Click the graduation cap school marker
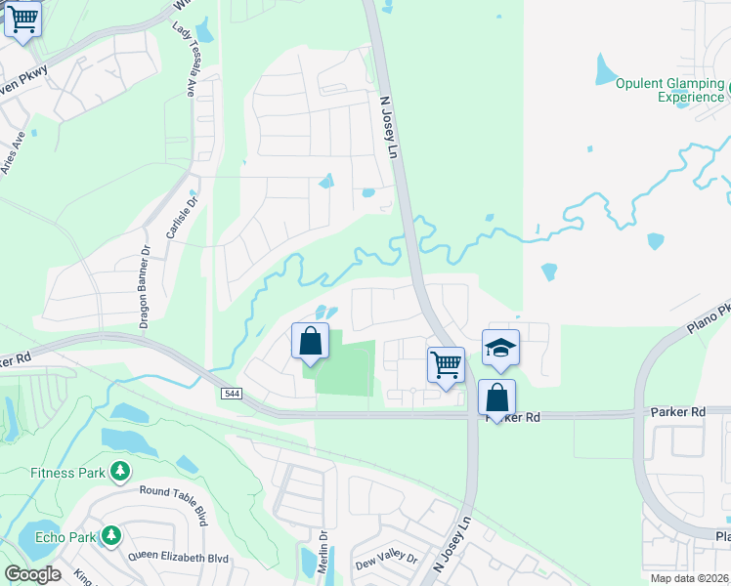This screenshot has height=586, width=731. click(500, 349)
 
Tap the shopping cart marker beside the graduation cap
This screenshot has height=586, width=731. click(447, 365)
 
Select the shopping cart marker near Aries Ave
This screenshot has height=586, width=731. click(22, 20)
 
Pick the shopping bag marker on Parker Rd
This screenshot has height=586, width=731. click(496, 398)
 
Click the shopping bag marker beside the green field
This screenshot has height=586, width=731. click(310, 342)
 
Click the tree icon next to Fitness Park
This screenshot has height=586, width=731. click(120, 473)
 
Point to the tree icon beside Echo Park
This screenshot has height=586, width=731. click(111, 536)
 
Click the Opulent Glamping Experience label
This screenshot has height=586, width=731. click(669, 90)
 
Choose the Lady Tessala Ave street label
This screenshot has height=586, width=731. click(184, 62)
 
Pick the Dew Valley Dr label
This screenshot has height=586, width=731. click(386, 561)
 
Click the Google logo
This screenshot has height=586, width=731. click(32, 574)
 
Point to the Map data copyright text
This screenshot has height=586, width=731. click(689, 578)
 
